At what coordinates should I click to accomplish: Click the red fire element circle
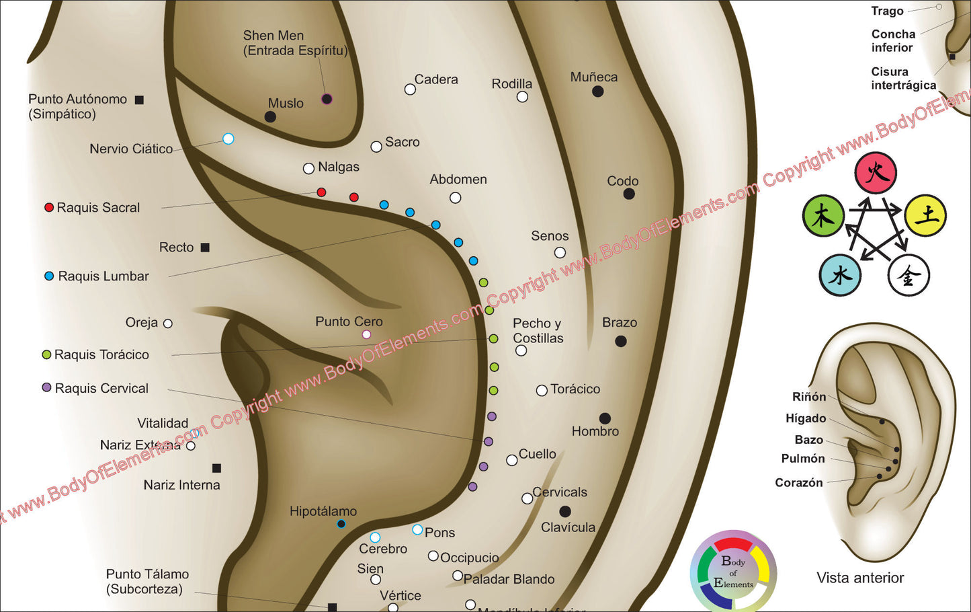tap(876, 173)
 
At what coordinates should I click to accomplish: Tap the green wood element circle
tap(823, 216)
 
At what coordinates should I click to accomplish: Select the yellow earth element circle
tap(925, 215)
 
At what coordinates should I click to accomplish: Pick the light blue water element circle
tap(840, 276)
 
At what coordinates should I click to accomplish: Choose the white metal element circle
tap(909, 276)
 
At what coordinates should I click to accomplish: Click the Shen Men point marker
tap(327, 99)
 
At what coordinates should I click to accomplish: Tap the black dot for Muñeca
tap(597, 91)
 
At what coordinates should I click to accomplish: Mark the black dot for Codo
tap(629, 194)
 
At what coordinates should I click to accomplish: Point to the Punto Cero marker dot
tap(366, 334)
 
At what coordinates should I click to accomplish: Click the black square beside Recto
tap(205, 247)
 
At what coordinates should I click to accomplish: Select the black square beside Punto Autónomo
tap(139, 100)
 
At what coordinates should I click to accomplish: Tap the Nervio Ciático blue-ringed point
tap(228, 139)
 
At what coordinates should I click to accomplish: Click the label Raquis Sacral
tap(98, 208)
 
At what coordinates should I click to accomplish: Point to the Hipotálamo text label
tap(323, 511)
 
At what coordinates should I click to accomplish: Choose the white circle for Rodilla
tap(522, 97)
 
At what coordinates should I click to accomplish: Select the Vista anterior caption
tap(860, 578)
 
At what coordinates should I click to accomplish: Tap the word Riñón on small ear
tap(809, 397)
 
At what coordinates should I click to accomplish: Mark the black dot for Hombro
tap(605, 418)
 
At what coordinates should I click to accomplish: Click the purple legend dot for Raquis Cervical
tap(46, 388)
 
